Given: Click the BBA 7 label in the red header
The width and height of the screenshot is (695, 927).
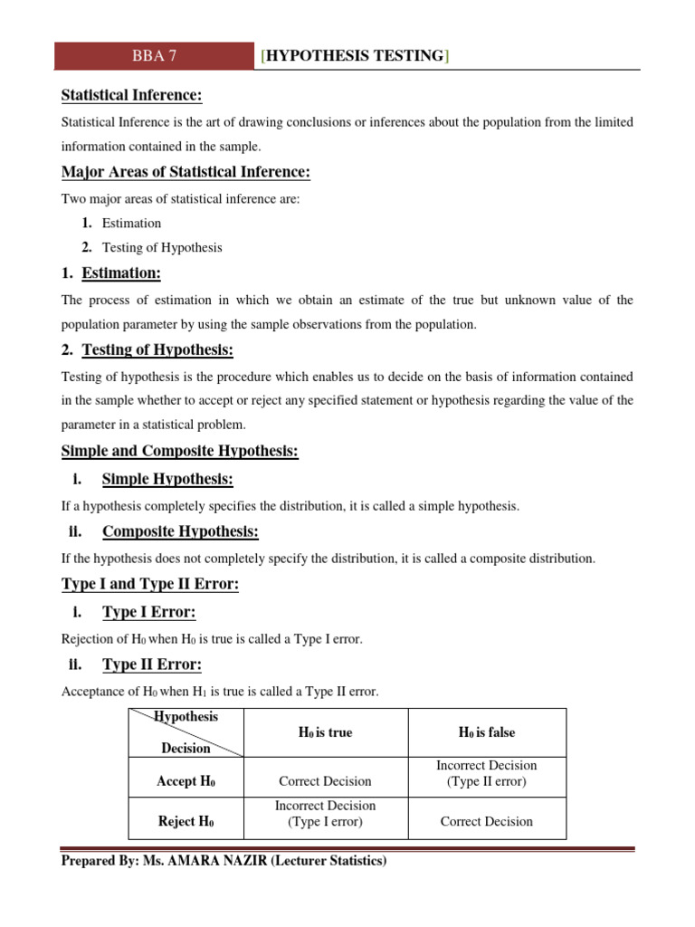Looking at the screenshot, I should pos(154,56).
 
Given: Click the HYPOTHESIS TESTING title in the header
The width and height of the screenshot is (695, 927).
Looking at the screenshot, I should pos(355,56).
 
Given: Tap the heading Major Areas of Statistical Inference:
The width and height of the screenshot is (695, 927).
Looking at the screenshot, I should pos(186,172).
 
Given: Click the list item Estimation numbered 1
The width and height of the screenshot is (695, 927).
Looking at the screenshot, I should pos(131,223).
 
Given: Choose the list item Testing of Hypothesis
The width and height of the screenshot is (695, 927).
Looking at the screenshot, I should pos(162,247).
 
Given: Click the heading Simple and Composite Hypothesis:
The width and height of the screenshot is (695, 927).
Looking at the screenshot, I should pos(179,451).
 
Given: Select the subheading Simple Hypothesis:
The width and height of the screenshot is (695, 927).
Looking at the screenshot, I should pos(167,479).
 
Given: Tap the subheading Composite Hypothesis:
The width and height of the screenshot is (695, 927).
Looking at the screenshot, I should pos(180,531).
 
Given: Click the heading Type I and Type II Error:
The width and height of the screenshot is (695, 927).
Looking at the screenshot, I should pos(149,585).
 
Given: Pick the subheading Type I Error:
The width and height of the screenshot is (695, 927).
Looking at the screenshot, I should pos(148,612).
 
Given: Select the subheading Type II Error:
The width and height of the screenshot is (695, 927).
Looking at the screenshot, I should pos(151,664).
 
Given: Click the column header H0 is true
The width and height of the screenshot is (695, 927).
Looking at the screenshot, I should pos(325,732).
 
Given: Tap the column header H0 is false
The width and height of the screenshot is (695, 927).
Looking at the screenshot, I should pos(487,732).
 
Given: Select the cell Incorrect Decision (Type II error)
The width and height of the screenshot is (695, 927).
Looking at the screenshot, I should pos(487,773).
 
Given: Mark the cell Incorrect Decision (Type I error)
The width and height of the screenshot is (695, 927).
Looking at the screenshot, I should pos(325,813).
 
